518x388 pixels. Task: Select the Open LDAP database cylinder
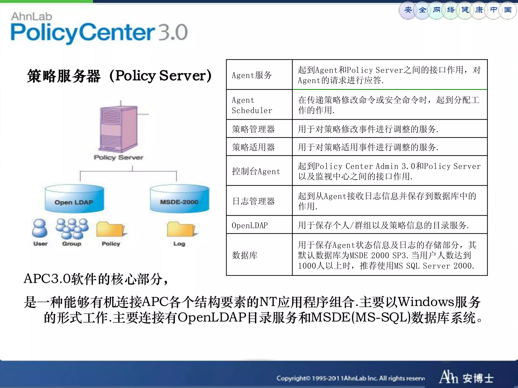74,199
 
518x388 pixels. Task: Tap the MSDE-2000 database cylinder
179,199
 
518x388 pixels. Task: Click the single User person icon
40,228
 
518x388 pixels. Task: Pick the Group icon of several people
72,229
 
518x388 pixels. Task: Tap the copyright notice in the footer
350,378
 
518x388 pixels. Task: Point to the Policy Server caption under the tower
118,158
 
